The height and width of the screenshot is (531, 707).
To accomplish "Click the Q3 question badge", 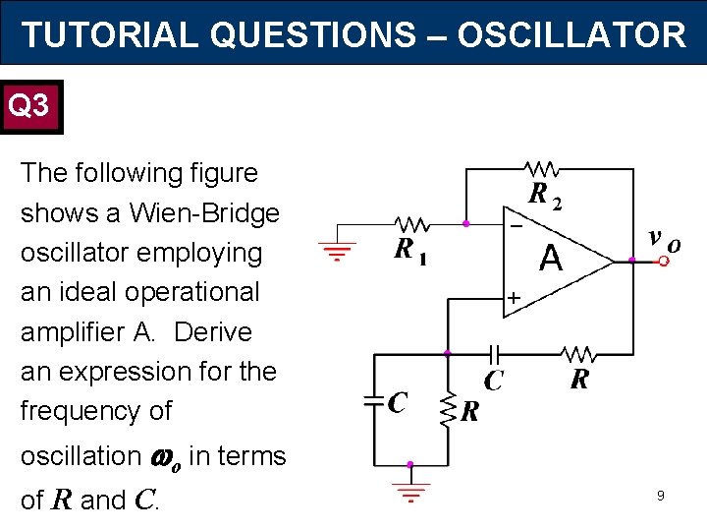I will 31,105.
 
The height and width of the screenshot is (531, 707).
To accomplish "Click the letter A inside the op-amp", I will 551,260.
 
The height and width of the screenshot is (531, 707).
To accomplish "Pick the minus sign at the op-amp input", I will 516,224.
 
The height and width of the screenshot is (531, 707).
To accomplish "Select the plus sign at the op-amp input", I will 513,296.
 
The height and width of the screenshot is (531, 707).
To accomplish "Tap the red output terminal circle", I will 664,262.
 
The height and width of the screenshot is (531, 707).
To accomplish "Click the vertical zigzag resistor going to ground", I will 448,408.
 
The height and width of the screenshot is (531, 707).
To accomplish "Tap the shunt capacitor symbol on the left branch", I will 374,400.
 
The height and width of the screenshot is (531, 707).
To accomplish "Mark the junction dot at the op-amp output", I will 632,261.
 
